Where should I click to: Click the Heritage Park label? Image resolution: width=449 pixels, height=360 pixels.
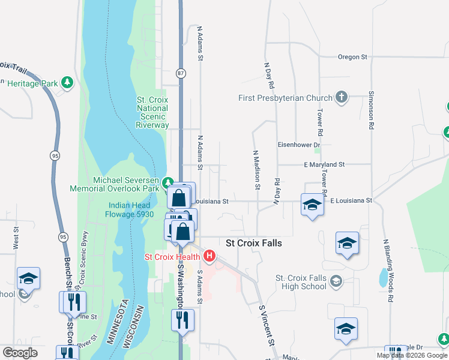[x=32, y=83]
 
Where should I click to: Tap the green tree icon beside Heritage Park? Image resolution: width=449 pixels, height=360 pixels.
[x=68, y=82]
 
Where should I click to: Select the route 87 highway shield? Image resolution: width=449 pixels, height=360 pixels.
[x=181, y=73]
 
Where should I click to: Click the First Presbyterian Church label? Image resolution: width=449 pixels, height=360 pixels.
[x=285, y=98]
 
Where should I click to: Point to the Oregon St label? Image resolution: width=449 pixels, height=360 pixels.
[x=352, y=57]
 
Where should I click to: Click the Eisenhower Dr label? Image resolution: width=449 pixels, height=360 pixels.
[x=299, y=145]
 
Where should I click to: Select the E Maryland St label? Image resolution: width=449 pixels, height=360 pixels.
[x=324, y=164]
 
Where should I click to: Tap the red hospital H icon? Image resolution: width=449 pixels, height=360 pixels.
[x=209, y=257]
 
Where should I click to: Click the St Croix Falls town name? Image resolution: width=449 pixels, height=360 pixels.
[x=253, y=244]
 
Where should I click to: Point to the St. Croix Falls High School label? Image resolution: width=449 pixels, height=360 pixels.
[x=301, y=282]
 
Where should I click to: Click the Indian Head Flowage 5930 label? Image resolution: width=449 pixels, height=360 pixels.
[x=128, y=209]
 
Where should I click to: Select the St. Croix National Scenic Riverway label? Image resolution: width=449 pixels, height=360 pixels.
[x=152, y=112]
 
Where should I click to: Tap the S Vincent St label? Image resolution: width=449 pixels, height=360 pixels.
[x=267, y=325]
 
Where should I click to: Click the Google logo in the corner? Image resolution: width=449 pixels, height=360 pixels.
[x=20, y=353]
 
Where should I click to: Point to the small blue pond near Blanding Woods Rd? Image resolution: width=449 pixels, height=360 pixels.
[x=382, y=277]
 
